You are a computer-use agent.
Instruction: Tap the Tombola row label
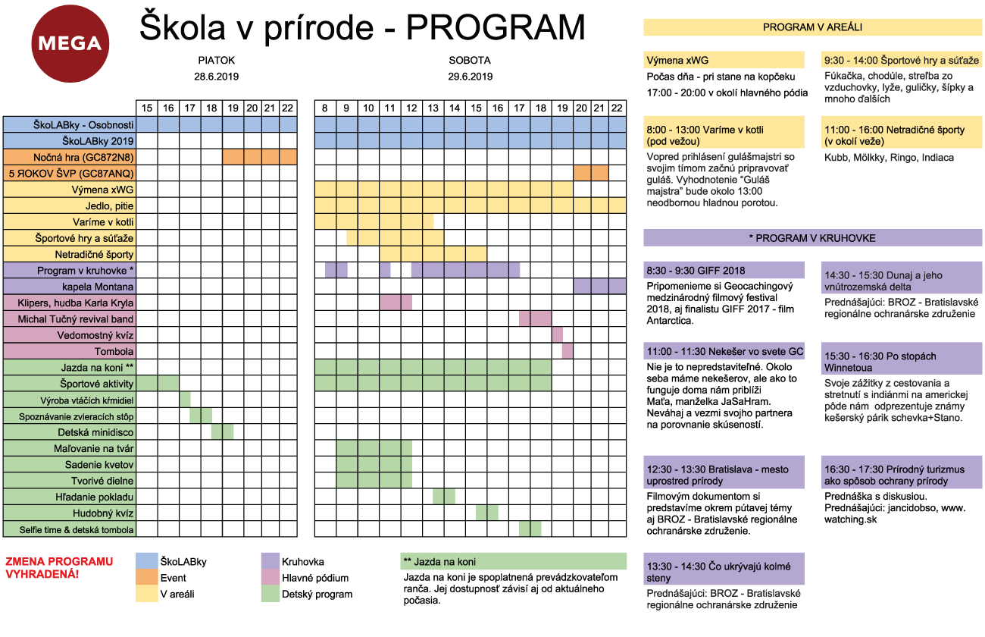pos(114,351)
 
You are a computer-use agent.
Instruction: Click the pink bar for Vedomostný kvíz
pos(557,335)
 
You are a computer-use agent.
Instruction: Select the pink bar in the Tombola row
pos(568,351)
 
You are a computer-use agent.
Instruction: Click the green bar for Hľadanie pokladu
pos(443,497)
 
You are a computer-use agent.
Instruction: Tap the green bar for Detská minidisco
pos(222,432)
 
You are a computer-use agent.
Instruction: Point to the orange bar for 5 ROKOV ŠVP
pos(591,173)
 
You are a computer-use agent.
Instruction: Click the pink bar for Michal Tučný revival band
pos(535,318)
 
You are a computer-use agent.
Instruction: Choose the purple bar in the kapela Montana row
pos(599,287)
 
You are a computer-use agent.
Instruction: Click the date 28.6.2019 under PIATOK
pos(217,77)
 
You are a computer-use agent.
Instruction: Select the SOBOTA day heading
pos(470,60)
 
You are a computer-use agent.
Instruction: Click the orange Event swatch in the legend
pos(145,578)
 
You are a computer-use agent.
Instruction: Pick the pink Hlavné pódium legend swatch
pos(270,578)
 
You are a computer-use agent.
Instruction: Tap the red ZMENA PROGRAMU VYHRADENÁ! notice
pos(59,567)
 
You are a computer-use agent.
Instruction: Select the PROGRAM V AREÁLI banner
pos(812,27)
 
